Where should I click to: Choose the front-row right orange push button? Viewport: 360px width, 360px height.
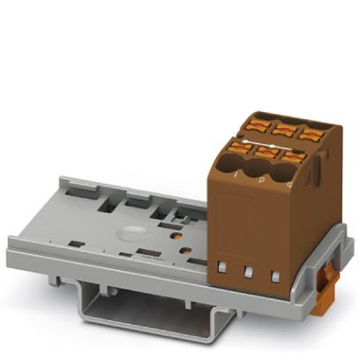click(x=295, y=156)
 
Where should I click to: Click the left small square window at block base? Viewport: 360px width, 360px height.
click(x=224, y=267)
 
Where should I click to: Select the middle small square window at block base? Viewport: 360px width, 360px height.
click(x=250, y=272)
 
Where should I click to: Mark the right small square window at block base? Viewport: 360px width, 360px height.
click(x=276, y=276)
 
